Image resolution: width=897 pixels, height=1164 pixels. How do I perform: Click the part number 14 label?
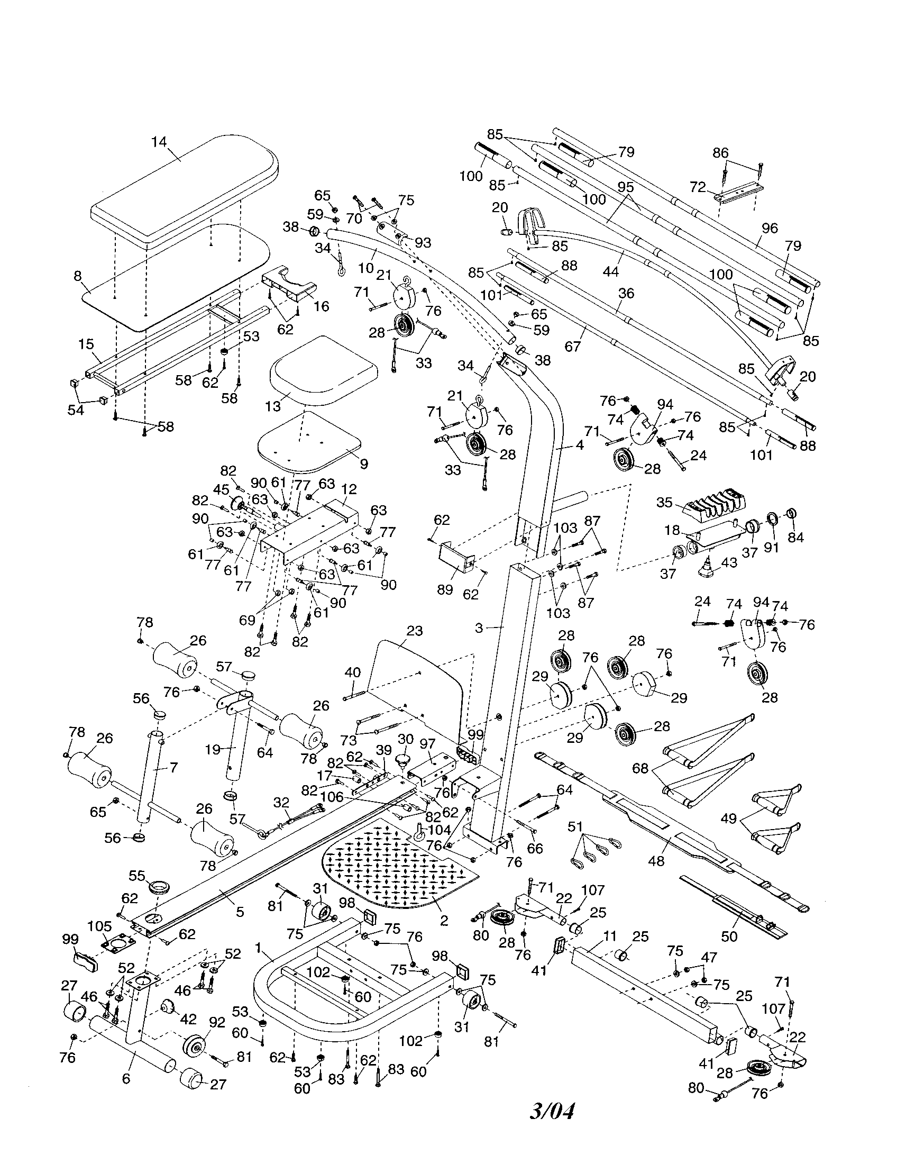coord(159,142)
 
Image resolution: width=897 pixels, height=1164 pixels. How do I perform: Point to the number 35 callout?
coord(664,502)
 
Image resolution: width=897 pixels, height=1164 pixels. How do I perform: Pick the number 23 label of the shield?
coord(414,631)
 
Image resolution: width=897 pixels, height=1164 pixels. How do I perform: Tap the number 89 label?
coord(445,589)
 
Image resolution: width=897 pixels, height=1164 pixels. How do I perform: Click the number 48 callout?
coord(656,860)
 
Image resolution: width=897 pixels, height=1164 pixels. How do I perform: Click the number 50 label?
coord(729,936)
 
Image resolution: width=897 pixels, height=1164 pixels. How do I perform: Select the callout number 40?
coord(352,672)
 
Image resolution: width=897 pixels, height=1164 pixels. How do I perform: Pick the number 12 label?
coord(350,489)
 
